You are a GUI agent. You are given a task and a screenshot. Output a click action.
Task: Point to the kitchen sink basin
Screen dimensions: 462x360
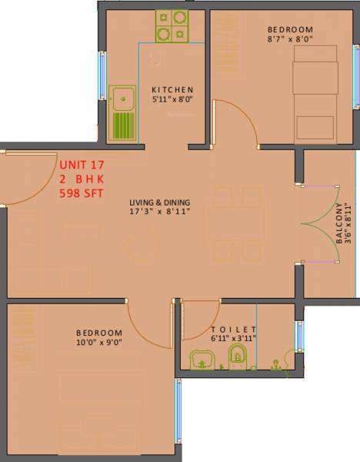point(122,99)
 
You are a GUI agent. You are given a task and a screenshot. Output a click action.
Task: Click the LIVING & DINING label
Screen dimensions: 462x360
point(160,201)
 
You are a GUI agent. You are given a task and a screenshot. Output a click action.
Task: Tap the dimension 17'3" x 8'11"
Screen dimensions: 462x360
point(160,211)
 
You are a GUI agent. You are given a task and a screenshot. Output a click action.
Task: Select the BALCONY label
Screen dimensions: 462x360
point(339,224)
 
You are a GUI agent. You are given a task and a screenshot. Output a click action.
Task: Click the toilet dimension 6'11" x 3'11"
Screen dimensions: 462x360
point(232,337)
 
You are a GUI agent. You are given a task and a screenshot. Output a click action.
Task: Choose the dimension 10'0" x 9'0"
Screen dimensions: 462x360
point(99,343)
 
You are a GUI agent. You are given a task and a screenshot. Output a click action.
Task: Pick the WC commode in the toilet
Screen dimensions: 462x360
point(238,356)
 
